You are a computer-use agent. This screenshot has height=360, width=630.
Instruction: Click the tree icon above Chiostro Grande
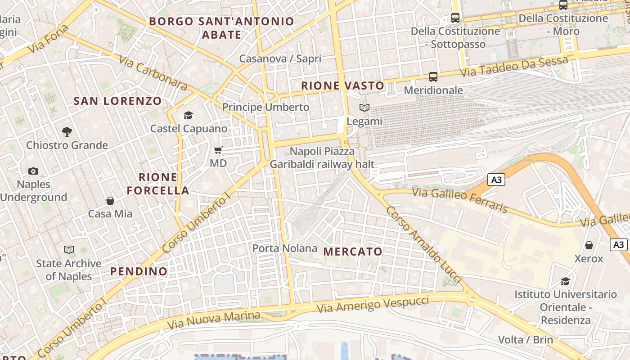click(x=67, y=131)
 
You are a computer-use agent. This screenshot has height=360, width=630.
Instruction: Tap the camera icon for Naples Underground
click(x=33, y=171)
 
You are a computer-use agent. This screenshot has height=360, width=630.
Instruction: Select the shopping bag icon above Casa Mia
click(x=110, y=200)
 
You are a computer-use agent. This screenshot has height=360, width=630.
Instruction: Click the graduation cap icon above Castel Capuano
click(x=188, y=115)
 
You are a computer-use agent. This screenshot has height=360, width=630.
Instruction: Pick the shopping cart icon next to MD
click(x=218, y=150)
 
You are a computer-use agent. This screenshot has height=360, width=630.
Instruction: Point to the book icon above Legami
click(x=364, y=108)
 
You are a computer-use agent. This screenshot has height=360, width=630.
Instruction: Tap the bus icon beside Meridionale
click(x=433, y=77)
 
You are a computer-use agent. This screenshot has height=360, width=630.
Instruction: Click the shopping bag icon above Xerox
click(x=589, y=245)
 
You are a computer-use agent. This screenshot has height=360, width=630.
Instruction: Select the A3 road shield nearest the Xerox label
click(x=619, y=245)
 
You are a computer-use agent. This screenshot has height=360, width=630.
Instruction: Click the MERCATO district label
click(x=353, y=252)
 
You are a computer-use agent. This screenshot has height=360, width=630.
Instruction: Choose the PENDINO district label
click(x=139, y=271)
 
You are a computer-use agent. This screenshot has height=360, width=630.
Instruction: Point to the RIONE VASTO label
click(x=343, y=85)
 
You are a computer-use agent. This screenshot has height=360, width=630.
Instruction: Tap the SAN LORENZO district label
click(x=117, y=101)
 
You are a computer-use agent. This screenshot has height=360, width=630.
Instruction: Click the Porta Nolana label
click(x=284, y=248)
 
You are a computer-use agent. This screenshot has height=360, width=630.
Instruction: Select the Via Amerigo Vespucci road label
click(x=373, y=305)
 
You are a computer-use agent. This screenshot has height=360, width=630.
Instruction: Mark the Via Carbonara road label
click(x=153, y=72)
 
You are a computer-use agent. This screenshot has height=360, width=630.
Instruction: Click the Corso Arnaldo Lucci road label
click(x=423, y=245)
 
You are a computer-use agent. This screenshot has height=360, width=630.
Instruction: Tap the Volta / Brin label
click(x=525, y=339)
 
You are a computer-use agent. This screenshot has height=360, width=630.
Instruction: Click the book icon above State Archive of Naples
click(x=69, y=250)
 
